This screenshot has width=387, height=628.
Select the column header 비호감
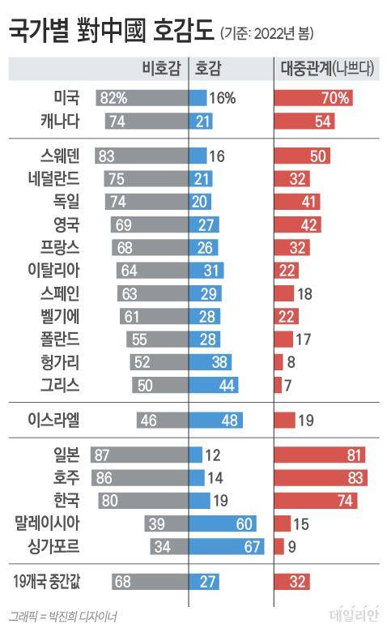(x=159, y=69)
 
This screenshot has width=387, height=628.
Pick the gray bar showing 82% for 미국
(x=141, y=99)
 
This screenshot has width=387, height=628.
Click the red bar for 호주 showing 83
(x=321, y=477)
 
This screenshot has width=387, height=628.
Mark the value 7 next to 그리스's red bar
(x=288, y=384)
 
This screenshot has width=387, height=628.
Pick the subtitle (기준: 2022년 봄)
(x=267, y=34)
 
